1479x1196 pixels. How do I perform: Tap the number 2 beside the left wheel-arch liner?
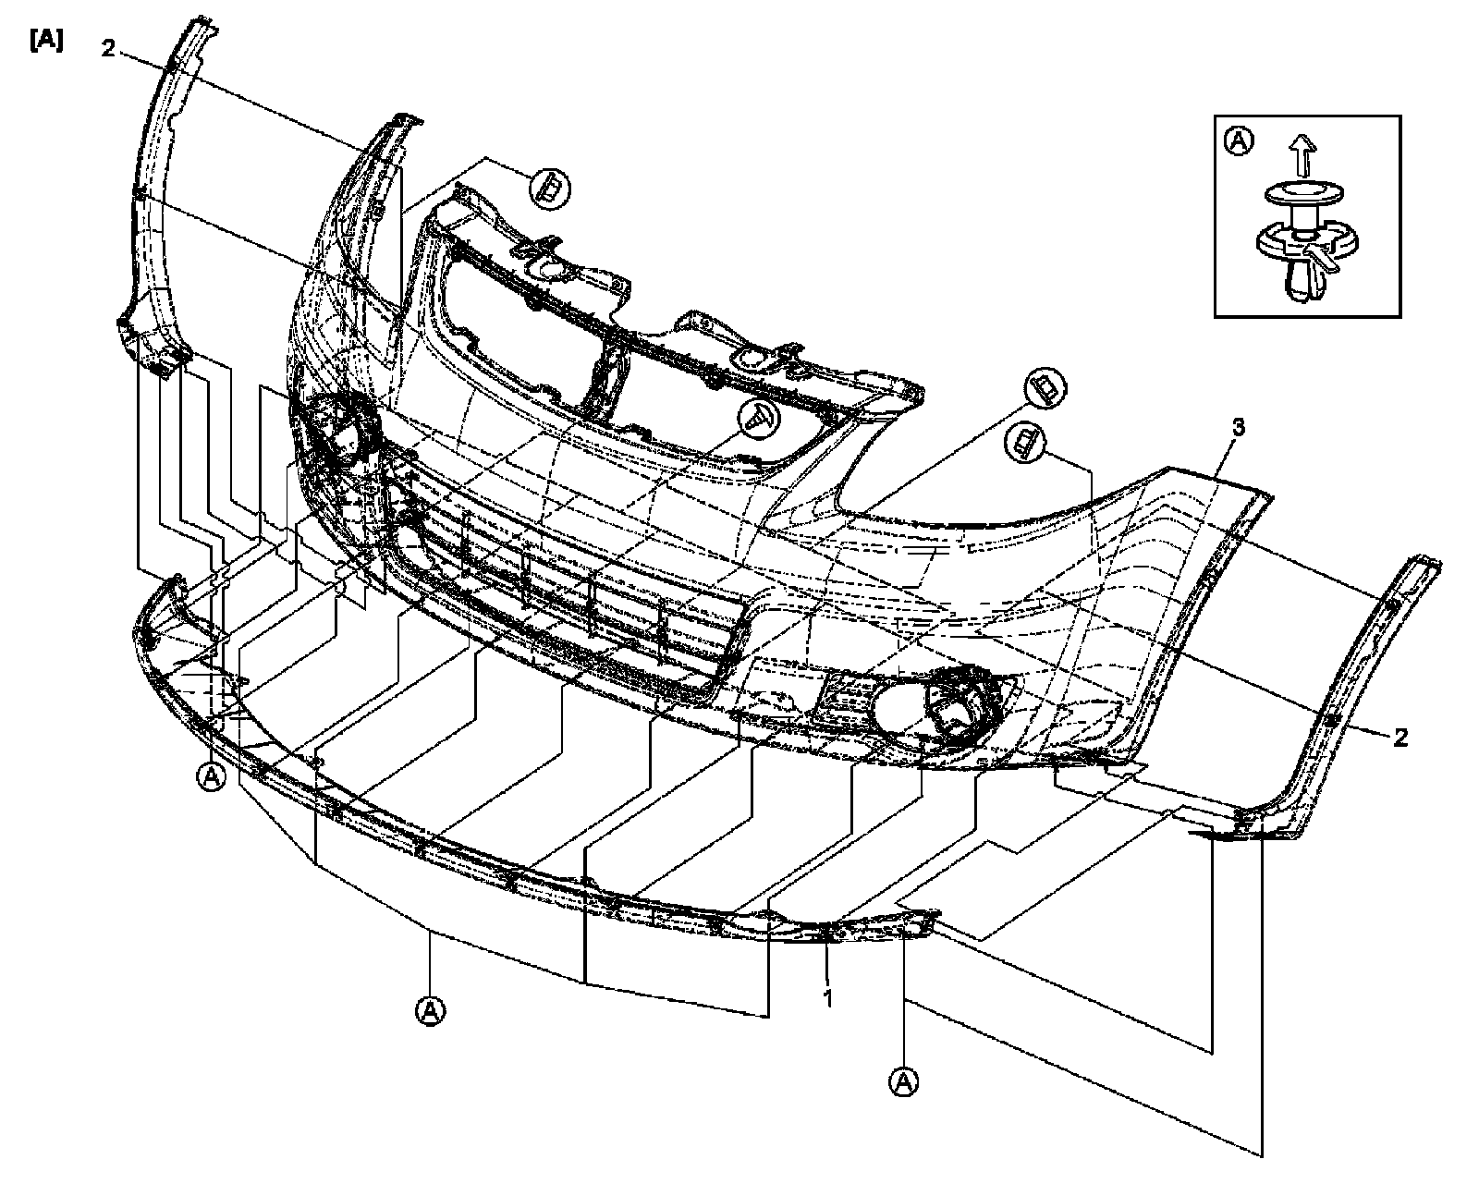(x=108, y=49)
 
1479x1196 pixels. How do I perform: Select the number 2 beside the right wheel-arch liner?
(x=1400, y=737)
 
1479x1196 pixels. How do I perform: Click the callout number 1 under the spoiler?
(x=828, y=998)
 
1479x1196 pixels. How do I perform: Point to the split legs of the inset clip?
(x=1303, y=282)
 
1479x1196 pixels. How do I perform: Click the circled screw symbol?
(x=759, y=420)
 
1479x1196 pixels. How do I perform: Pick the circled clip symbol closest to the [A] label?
(x=550, y=189)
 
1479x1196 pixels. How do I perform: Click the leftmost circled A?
(x=212, y=777)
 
